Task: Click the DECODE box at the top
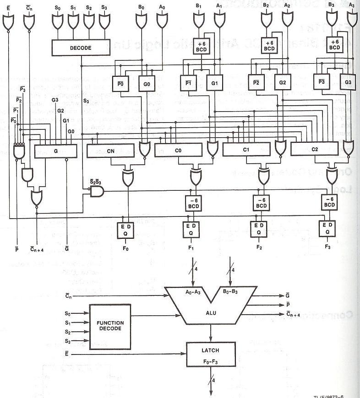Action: point(81,48)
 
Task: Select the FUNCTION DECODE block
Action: point(110,325)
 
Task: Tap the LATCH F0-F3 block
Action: point(210,355)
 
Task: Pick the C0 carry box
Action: point(178,149)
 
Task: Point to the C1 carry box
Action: point(245,149)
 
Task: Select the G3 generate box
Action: point(349,82)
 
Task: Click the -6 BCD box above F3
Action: point(329,201)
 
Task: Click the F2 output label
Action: point(259,247)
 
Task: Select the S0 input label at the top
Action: point(57,8)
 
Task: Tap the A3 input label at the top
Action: point(351,5)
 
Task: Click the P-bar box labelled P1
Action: point(188,84)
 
